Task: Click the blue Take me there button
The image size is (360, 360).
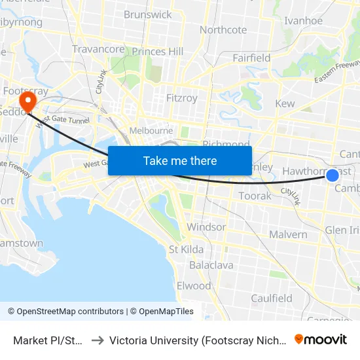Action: click(x=180, y=160)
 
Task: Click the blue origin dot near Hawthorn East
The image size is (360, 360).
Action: click(x=333, y=175)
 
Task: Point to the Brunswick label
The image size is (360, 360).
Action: click(x=147, y=14)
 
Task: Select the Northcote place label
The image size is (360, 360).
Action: click(x=223, y=29)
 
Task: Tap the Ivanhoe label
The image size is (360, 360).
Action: click(x=303, y=20)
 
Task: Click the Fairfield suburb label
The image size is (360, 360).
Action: click(x=251, y=58)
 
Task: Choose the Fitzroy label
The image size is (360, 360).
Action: click(x=181, y=98)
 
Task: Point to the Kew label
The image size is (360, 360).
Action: click(x=285, y=103)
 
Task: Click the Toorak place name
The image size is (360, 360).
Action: click(x=255, y=196)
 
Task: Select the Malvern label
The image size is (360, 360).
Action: click(x=288, y=234)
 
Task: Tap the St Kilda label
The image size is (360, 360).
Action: click(x=186, y=249)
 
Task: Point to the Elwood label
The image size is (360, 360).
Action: click(x=194, y=285)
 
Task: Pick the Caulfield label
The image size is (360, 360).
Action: click(x=272, y=298)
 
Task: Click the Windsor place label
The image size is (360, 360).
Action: click(x=206, y=227)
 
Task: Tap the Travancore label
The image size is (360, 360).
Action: click(x=98, y=49)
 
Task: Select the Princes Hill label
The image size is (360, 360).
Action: click(x=158, y=51)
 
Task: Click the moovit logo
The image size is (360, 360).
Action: click(x=321, y=340)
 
